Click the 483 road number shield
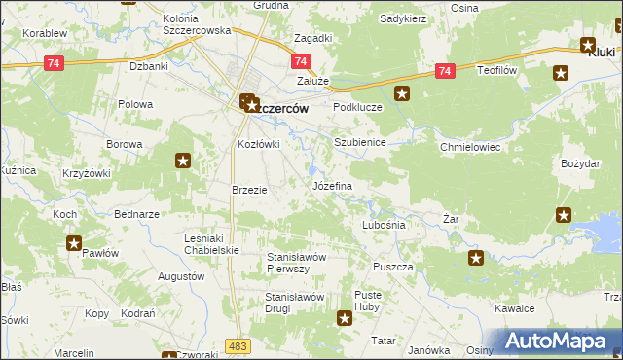pyautogui.click(x=237, y=345)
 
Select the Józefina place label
pyautogui.click(x=331, y=185)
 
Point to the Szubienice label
pyautogui.click(x=360, y=142)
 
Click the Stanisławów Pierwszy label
pyautogui.click(x=302, y=263)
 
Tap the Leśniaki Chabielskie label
pyautogui.click(x=212, y=244)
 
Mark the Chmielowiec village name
pyautogui.click(x=469, y=147)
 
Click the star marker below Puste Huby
pyautogui.click(x=345, y=317)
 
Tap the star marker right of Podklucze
pyautogui.click(x=403, y=94)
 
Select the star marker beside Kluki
pyautogui.click(x=588, y=44)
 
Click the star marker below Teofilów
pyautogui.click(x=561, y=73)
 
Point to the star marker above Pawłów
pyautogui.click(x=74, y=243)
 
